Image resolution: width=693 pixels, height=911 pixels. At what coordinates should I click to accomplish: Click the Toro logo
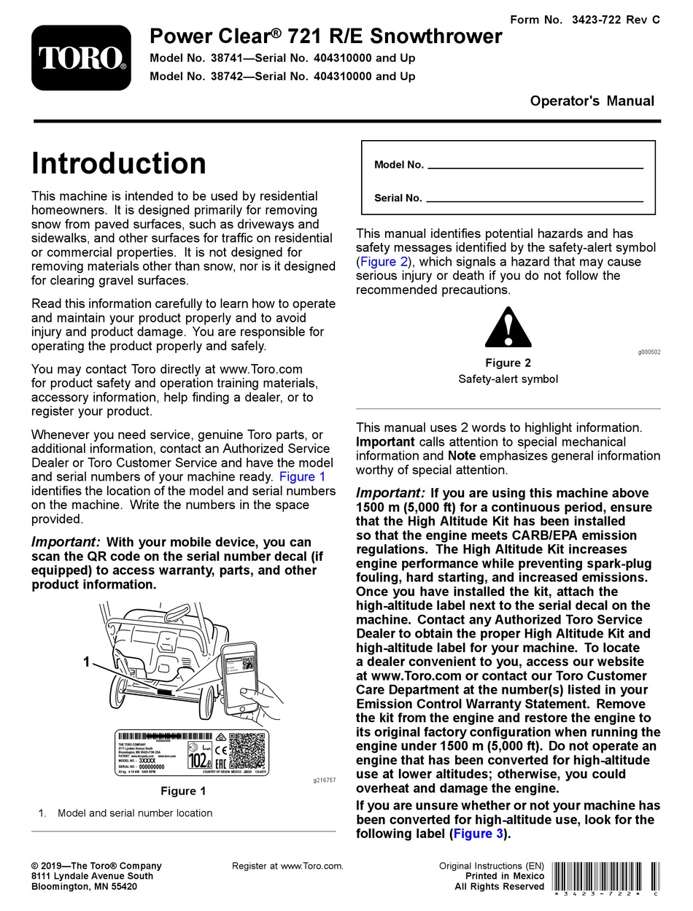(81, 58)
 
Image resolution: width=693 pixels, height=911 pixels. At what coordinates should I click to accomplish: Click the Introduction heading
(118, 163)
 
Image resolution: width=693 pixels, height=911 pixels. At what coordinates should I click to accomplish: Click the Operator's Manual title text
(592, 101)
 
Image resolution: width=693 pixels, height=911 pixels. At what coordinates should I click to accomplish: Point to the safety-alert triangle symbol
(508, 327)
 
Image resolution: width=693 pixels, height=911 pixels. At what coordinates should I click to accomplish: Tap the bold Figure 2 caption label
(508, 363)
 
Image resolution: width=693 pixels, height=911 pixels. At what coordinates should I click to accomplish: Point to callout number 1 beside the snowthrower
(86, 662)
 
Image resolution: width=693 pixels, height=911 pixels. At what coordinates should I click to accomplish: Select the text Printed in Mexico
(504, 876)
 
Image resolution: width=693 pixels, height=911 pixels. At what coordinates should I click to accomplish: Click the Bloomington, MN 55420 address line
(84, 887)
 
